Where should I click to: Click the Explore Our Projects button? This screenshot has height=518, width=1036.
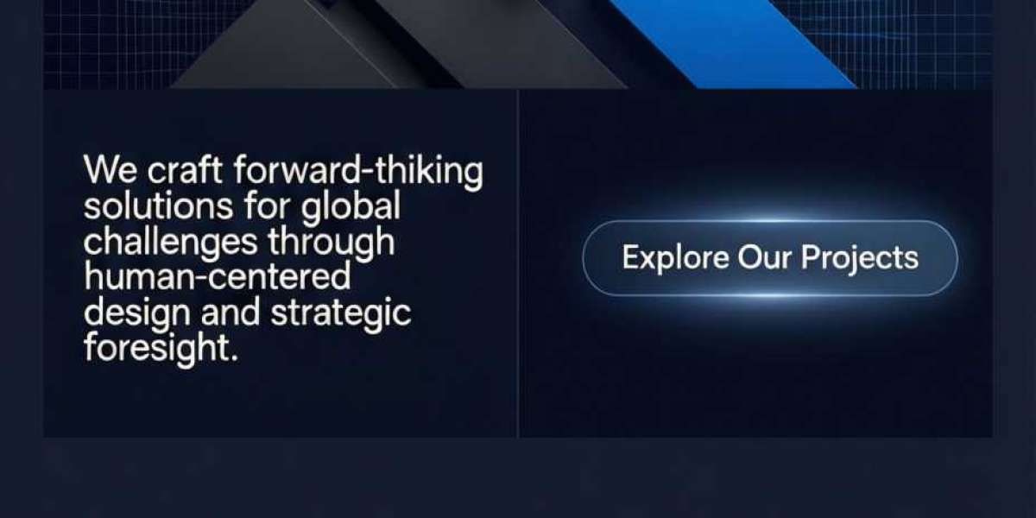tap(770, 258)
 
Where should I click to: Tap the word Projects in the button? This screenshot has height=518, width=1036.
tap(860, 258)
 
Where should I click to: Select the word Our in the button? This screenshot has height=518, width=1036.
tap(765, 257)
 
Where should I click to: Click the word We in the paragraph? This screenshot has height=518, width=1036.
tap(111, 170)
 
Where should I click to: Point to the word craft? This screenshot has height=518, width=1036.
tap(185, 170)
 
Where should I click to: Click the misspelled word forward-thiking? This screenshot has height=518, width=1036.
tap(358, 172)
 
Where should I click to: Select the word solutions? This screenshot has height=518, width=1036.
tap(158, 205)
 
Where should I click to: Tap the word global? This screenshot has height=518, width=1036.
tap(351, 207)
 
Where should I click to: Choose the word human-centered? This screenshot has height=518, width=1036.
tap(217, 276)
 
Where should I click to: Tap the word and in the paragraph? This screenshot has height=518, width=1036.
tap(230, 313)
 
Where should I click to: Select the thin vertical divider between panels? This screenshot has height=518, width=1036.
tap(518, 263)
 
